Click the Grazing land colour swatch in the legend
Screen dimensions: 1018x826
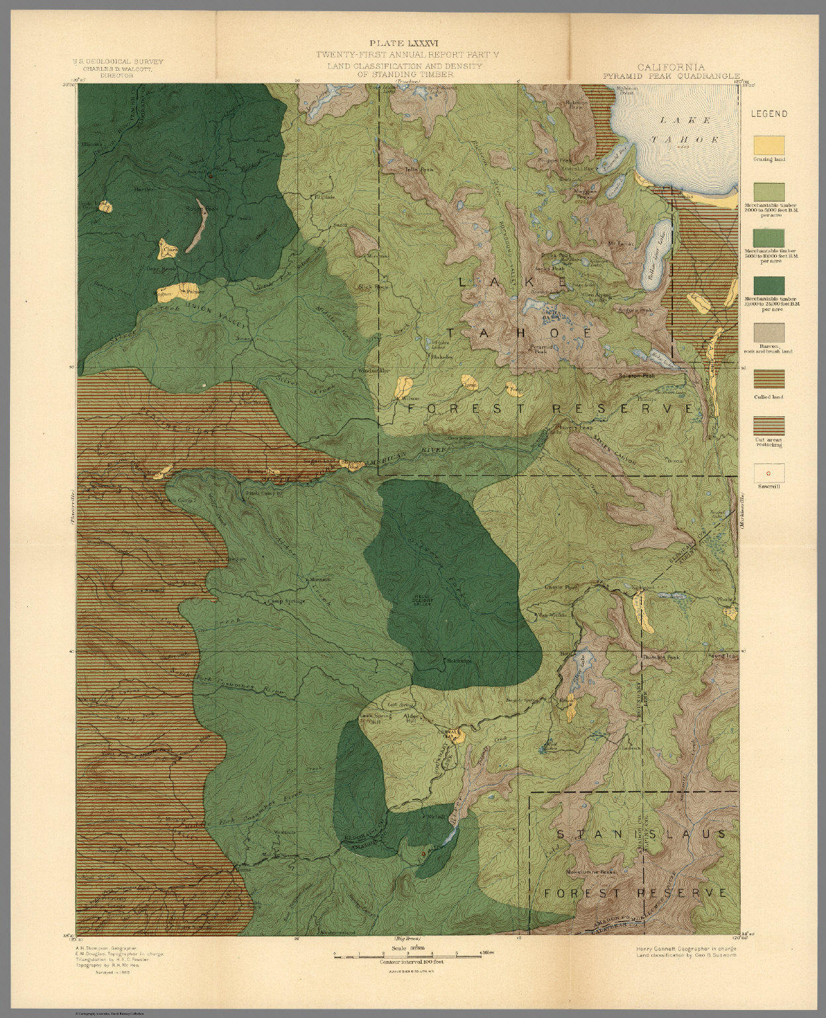point(768,144)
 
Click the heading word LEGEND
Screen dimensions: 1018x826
point(768,114)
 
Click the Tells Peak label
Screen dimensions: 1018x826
point(418,170)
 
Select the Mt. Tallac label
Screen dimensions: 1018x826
point(621,243)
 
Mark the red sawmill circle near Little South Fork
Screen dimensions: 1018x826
point(209,176)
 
